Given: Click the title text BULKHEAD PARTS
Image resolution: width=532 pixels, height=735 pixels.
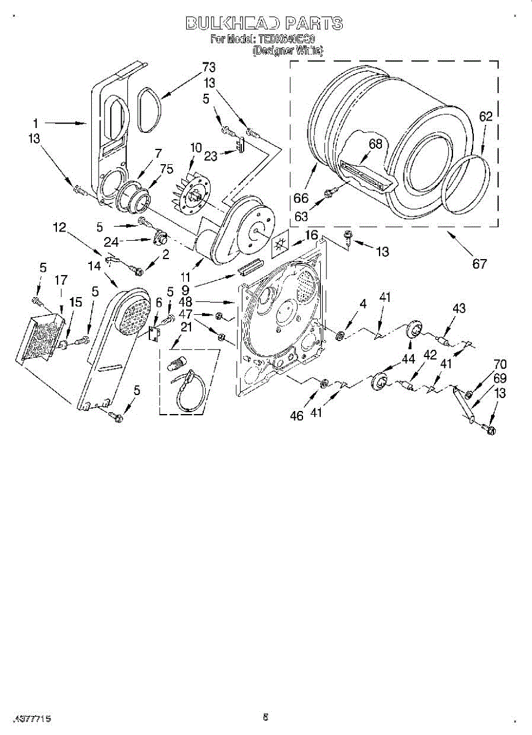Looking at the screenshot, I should [x=264, y=24].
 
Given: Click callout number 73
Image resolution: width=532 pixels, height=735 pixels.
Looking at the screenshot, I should [x=209, y=67].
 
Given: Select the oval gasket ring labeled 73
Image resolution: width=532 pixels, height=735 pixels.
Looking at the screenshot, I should [x=149, y=110].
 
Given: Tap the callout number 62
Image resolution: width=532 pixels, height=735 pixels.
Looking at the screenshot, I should [x=485, y=116].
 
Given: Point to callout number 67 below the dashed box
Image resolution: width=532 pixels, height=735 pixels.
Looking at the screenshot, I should [x=479, y=264].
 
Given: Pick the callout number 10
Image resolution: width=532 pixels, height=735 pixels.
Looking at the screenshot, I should [x=196, y=148].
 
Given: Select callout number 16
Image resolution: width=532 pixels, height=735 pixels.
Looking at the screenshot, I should [x=312, y=235].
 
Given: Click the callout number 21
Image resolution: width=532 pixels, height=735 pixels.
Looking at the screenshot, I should [x=186, y=327].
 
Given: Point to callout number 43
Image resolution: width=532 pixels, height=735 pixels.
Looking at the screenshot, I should [x=459, y=309].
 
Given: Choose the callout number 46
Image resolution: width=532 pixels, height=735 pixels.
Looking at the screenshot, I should [x=298, y=415].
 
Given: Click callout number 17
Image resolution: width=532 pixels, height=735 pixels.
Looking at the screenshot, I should [x=61, y=281].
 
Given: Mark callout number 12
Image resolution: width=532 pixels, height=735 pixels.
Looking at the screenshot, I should [x=59, y=228].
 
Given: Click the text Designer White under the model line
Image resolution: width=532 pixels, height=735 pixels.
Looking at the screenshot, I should [x=287, y=51].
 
